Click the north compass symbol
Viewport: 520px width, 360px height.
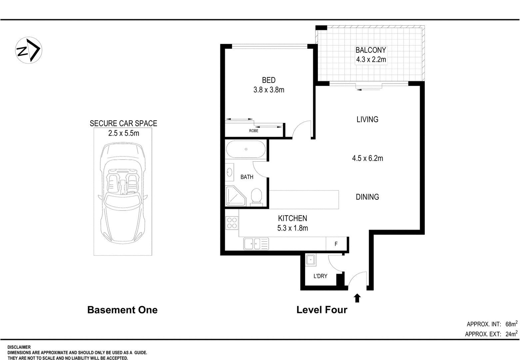[29, 50]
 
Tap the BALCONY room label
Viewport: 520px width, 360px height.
[371, 50]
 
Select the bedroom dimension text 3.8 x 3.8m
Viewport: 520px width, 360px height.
[268, 90]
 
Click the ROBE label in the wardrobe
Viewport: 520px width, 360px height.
[254, 131]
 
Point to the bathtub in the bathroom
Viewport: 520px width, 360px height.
[246, 149]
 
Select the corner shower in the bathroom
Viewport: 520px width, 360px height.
[236, 196]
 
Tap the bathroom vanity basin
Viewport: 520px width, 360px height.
[230, 172]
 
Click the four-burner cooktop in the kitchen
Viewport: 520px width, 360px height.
[232, 223]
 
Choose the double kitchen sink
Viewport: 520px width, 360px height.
[256, 244]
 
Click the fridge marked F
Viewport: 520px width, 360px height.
[336, 244]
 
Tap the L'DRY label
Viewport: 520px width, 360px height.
[320, 276]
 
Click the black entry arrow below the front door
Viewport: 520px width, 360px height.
[357, 298]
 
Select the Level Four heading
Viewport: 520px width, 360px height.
[322, 310]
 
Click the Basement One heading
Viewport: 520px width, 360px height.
[122, 310]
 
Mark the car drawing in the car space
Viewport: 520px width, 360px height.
[123, 193]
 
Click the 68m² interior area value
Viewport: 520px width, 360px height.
[511, 324]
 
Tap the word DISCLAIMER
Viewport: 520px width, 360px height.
[19, 347]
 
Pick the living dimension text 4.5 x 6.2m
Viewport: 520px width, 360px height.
[367, 158]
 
